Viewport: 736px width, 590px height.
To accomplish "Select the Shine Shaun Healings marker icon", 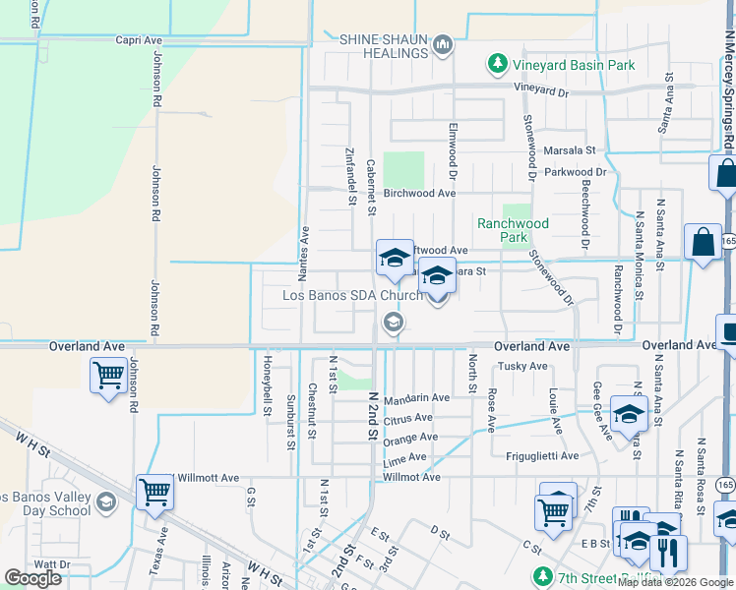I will [443, 44].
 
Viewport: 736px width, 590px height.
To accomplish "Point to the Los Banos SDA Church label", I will [352, 295].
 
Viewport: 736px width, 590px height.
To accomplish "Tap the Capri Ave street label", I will [138, 40].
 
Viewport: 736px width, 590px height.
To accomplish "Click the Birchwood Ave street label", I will [419, 194].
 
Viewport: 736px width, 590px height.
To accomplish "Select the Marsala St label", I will [570, 150].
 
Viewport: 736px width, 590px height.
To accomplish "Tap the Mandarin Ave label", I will [416, 398].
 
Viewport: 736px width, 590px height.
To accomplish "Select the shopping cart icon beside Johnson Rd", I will [107, 376].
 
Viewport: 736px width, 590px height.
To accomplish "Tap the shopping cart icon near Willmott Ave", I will [155, 492].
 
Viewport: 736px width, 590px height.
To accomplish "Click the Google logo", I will [33, 578].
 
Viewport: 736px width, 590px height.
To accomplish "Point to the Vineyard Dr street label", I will [541, 90].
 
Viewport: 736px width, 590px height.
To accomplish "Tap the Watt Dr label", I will [52, 564].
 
